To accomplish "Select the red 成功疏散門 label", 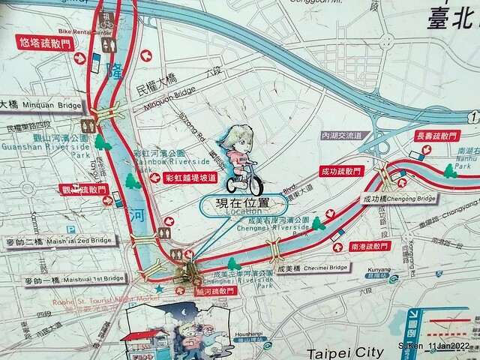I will click(340, 172).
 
